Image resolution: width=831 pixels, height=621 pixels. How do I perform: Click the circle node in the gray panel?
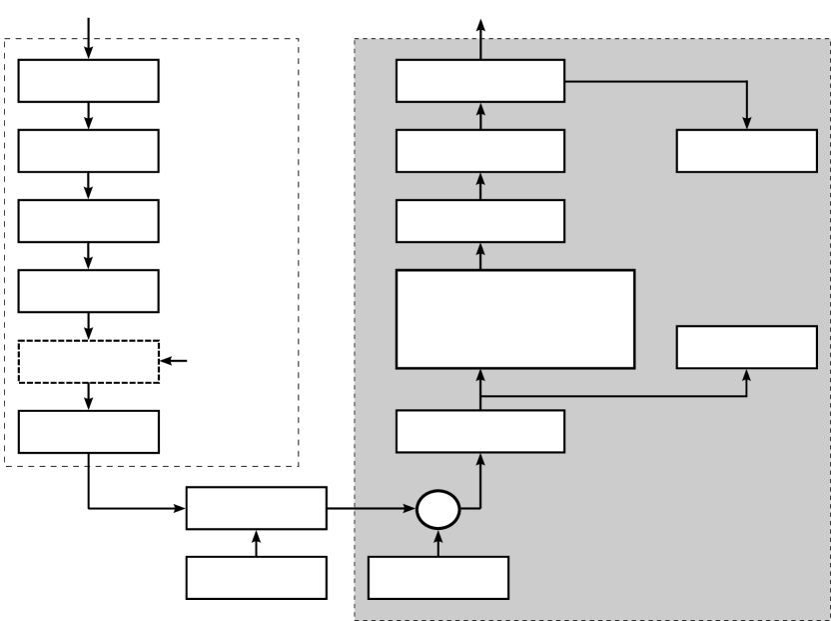click(x=437, y=510)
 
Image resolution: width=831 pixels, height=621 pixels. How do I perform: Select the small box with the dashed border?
click(x=89, y=361)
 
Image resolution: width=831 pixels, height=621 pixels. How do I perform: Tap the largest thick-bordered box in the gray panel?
click(x=515, y=319)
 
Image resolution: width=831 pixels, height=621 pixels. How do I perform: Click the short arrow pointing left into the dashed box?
click(x=174, y=361)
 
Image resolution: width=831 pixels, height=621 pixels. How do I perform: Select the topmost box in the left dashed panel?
click(x=89, y=81)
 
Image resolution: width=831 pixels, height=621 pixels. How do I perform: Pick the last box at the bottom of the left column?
click(x=89, y=431)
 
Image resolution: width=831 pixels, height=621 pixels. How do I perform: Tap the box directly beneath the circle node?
click(x=438, y=577)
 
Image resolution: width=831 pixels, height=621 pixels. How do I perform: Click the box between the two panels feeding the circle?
click(x=257, y=508)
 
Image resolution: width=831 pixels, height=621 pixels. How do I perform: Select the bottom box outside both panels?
click(x=257, y=577)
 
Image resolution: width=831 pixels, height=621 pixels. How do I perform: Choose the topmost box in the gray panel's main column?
click(x=480, y=81)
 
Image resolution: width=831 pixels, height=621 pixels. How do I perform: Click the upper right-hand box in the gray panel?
click(x=747, y=150)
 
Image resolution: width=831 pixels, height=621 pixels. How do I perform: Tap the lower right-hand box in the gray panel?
click(x=747, y=346)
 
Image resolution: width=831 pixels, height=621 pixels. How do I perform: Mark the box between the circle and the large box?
click(x=480, y=431)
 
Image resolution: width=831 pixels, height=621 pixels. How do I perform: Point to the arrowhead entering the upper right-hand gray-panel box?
click(x=747, y=122)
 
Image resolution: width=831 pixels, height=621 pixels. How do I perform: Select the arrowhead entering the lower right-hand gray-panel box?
click(x=747, y=374)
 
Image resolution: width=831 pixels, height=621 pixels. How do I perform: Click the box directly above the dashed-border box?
click(x=89, y=291)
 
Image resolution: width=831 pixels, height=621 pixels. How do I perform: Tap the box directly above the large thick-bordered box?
click(x=480, y=221)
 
